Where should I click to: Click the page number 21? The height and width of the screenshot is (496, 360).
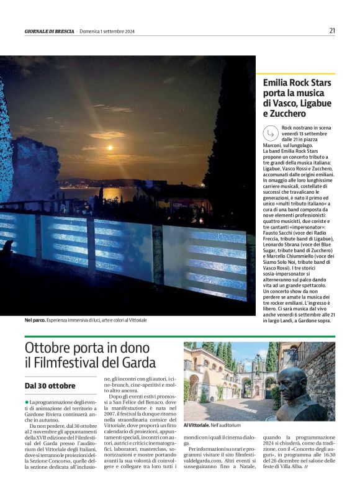point(332,30)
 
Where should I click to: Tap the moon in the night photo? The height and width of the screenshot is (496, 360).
point(110,148)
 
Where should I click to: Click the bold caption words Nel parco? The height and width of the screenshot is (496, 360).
point(35,320)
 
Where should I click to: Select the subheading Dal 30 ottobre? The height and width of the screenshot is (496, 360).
point(50,386)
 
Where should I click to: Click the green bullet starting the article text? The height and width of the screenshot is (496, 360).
point(27,402)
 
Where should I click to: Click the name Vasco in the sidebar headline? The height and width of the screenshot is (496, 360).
point(289,103)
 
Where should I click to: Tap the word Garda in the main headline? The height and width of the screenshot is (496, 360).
point(139,363)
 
